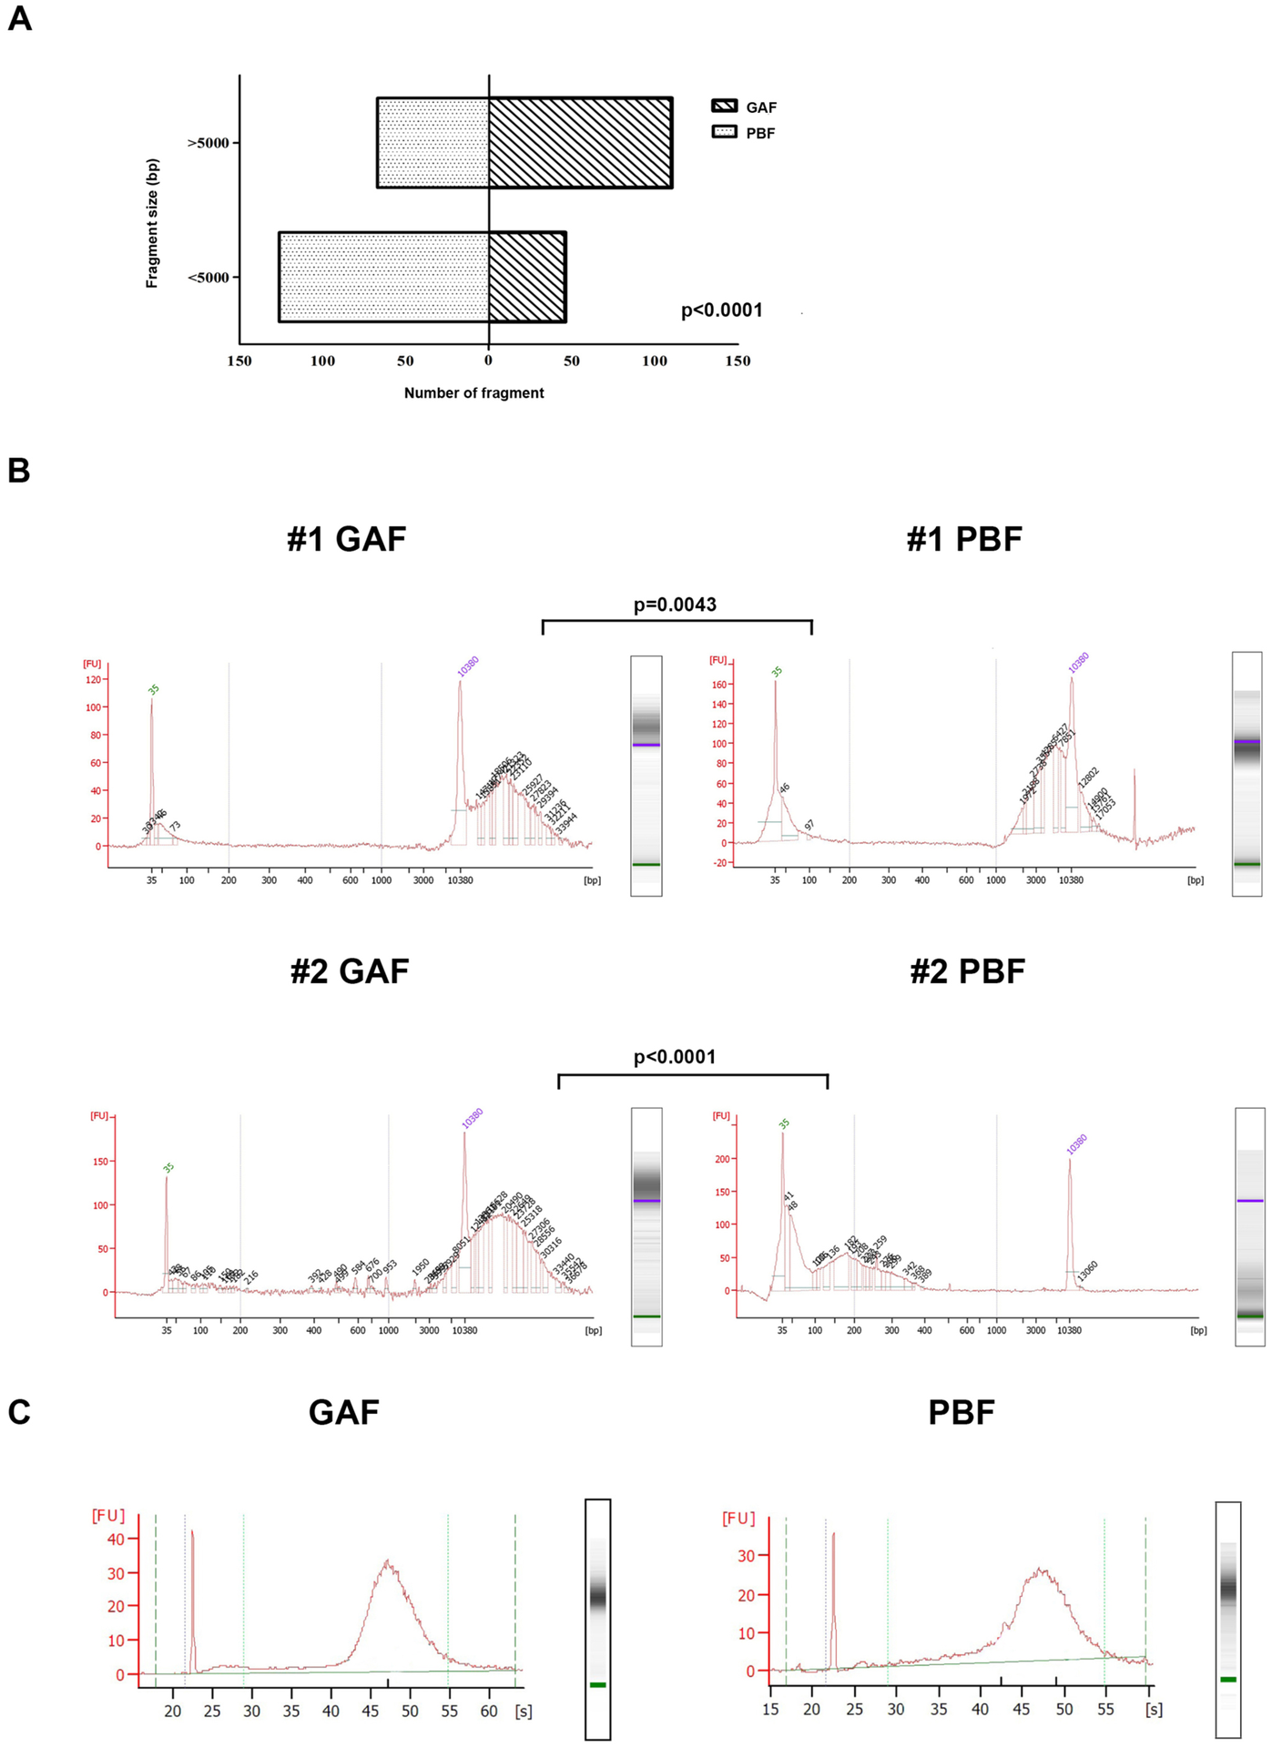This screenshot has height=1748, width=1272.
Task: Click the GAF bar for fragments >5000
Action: [580, 143]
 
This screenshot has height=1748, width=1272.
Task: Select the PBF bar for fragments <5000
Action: [383, 277]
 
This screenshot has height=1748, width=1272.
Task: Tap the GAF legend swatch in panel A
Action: [725, 107]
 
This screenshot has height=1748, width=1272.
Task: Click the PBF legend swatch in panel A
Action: [725, 132]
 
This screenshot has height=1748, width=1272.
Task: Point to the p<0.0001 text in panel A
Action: [722, 310]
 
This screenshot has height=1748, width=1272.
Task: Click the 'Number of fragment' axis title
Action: [473, 393]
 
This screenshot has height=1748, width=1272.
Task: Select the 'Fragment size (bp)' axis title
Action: [152, 224]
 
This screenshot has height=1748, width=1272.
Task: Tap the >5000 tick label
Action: [208, 143]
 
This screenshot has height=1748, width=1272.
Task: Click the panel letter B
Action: [18, 471]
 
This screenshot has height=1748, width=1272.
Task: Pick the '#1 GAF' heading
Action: [346, 539]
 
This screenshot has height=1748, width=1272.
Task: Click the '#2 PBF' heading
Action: [967, 971]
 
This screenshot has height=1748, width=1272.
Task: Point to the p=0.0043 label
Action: [675, 605]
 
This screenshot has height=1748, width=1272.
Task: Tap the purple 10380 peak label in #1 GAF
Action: [468, 666]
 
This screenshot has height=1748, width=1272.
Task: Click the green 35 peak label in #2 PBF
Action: [784, 1124]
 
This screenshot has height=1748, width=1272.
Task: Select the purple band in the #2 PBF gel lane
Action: [1250, 1201]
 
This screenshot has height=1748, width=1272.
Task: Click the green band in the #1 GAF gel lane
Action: [646, 864]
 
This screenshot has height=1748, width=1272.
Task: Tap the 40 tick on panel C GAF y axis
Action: [117, 1539]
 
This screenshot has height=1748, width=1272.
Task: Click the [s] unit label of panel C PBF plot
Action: [1154, 1710]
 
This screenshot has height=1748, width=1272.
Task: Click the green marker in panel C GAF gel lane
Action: [597, 1685]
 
